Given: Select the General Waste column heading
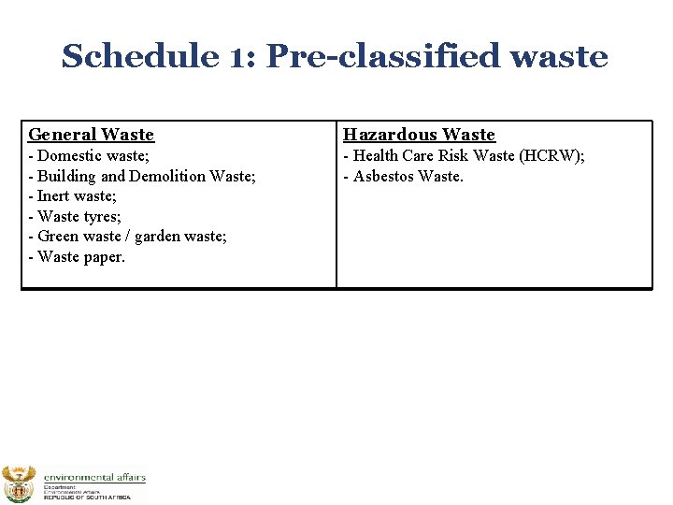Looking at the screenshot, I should (x=91, y=135).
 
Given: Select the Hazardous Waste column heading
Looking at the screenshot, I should (x=419, y=135).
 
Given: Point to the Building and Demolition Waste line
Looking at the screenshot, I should (x=142, y=176).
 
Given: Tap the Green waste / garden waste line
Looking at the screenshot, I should (x=127, y=237).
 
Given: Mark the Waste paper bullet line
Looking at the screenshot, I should (x=77, y=257).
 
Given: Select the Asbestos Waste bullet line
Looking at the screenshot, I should (x=404, y=176).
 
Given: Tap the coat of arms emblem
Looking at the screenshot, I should (x=19, y=483).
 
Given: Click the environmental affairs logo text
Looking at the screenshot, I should (x=94, y=478).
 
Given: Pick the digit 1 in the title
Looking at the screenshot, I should (x=236, y=56).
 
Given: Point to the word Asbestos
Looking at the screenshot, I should (x=384, y=176).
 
